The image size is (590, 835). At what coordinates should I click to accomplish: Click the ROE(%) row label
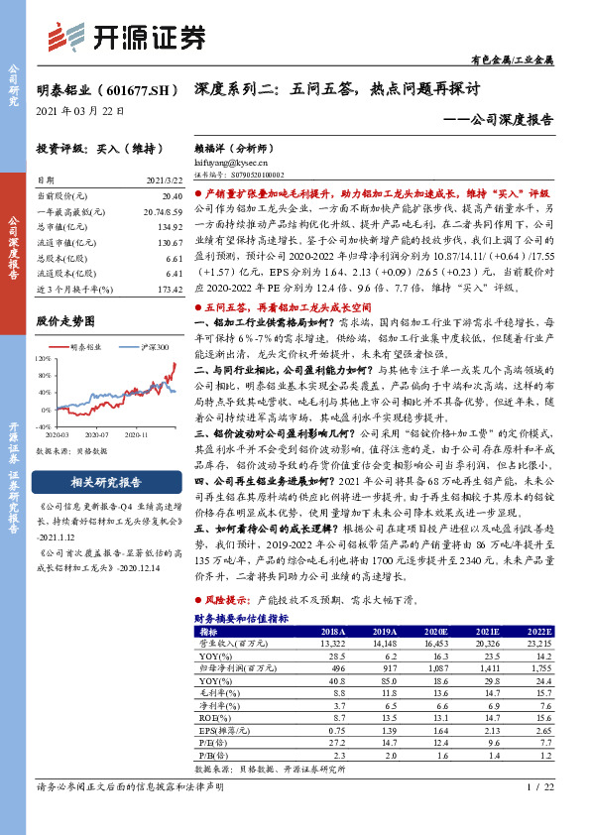tap(212, 717)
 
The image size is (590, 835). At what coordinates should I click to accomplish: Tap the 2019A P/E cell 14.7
tap(382, 741)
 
